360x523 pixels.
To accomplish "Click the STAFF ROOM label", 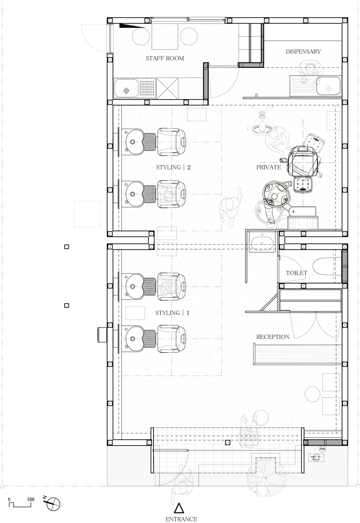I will (165, 58).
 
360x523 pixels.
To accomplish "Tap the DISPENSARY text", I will (303, 52).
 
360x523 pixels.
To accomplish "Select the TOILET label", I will (296, 273).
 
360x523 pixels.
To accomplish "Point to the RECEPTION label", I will (273, 337).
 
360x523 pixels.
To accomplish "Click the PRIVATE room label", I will (268, 167).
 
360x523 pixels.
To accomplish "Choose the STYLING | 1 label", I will (173, 313).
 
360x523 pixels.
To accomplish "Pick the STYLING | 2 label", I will (173, 167).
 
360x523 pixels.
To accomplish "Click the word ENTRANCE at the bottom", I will (181, 519).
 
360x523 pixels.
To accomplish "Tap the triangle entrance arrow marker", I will (179, 508).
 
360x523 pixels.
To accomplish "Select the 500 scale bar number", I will (31, 500).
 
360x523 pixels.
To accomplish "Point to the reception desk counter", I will (297, 354).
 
